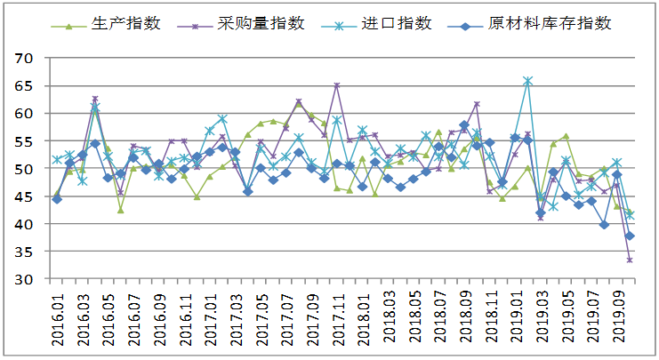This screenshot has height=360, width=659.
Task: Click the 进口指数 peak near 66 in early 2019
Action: point(527,81)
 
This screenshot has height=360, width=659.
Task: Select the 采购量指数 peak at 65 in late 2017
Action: point(337,86)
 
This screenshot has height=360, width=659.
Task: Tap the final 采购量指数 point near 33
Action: point(630,260)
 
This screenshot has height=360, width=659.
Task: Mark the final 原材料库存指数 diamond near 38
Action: point(630,236)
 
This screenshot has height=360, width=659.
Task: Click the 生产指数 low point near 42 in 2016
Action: point(120,210)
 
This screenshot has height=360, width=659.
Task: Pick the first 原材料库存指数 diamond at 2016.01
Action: point(57,199)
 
